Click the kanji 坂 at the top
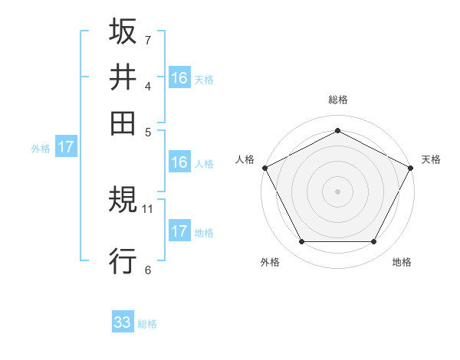point(123,31)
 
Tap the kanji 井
point(123,77)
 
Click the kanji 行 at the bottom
point(123,260)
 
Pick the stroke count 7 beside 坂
point(148,39)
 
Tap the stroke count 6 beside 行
point(148,269)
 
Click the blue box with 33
point(123,322)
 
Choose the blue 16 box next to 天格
point(179,77)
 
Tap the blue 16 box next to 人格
point(179,162)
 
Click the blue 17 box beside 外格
point(66,147)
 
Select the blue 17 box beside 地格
point(179,231)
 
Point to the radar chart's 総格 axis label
point(338,100)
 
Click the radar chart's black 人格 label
point(245,159)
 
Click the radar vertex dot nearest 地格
point(374,242)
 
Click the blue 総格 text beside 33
point(147,324)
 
